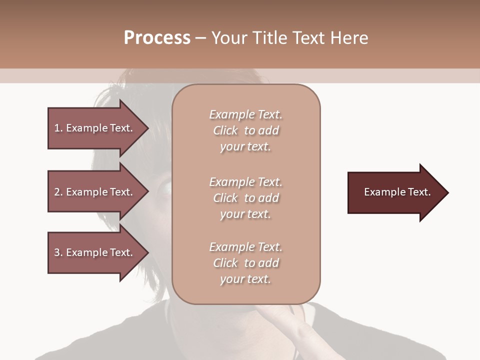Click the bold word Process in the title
(x=157, y=38)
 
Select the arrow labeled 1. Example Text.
(x=95, y=128)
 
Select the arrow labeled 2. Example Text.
(x=95, y=192)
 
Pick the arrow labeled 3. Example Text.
(x=95, y=252)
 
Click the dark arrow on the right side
(x=395, y=192)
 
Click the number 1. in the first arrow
(x=58, y=128)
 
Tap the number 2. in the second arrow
(x=58, y=192)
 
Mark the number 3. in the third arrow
(x=58, y=252)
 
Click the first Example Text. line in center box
(x=245, y=114)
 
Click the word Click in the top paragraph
(x=225, y=130)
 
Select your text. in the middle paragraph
(x=245, y=214)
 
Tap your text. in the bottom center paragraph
(x=245, y=279)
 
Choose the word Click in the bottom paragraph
(x=225, y=263)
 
